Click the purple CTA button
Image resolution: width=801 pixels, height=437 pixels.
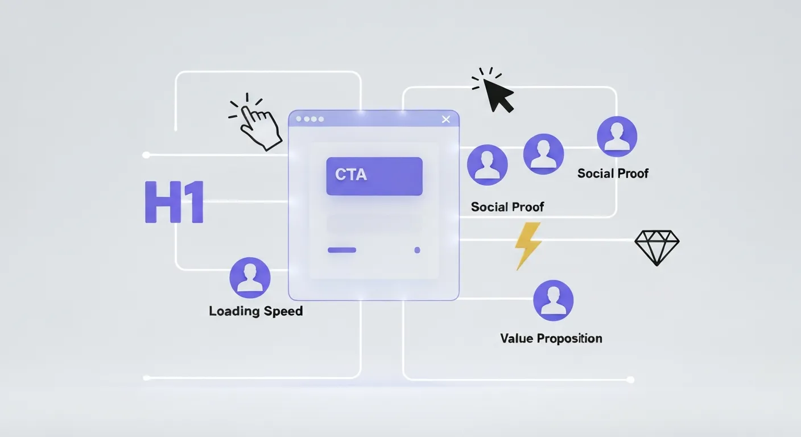(374, 176)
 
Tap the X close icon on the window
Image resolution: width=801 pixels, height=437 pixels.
(445, 119)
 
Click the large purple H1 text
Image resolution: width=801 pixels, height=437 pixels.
(174, 202)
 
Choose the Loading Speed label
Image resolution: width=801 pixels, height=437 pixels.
(255, 311)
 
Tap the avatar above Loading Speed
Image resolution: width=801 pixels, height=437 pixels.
(250, 278)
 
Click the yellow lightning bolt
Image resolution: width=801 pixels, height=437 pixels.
(527, 245)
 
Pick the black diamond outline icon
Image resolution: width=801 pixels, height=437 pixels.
(657, 248)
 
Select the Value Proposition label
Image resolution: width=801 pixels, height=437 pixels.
(551, 339)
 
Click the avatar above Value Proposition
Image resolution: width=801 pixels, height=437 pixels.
(553, 300)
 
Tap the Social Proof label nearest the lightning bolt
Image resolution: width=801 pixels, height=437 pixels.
(507, 207)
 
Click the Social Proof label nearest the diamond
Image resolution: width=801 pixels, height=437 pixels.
(613, 174)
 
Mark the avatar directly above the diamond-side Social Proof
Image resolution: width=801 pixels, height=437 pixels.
(617, 137)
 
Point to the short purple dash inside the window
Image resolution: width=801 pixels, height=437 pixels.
(342, 250)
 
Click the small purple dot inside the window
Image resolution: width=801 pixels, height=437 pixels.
(417, 250)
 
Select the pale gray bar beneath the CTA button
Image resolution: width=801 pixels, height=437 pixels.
(374, 222)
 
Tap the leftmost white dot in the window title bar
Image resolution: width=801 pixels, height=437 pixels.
(299, 119)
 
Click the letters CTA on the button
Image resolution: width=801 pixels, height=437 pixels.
(351, 175)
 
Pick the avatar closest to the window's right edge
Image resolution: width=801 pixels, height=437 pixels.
(487, 165)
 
